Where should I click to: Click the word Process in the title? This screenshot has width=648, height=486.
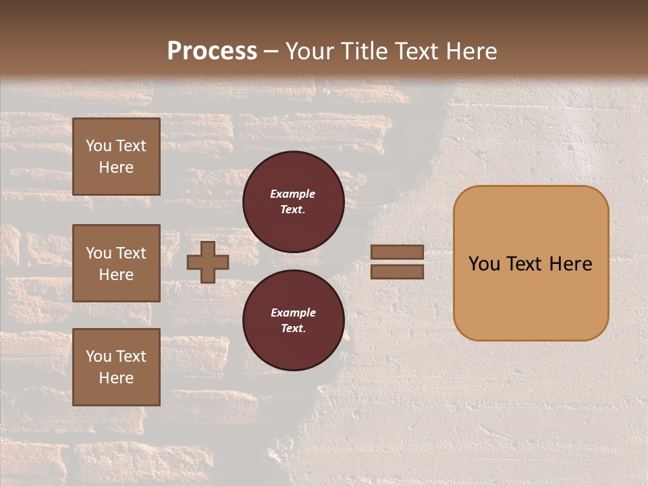tap(212, 51)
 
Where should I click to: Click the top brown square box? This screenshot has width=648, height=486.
tap(116, 157)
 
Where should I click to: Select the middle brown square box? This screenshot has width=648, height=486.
tap(116, 263)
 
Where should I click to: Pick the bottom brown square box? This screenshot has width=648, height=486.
tap(116, 367)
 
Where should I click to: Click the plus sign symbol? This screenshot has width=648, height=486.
tap(207, 262)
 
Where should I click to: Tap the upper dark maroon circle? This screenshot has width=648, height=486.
tap(293, 201)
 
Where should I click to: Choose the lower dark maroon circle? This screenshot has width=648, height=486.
tap(293, 320)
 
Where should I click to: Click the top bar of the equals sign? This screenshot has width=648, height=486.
tap(397, 252)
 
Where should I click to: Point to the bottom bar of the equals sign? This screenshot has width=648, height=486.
tap(397, 271)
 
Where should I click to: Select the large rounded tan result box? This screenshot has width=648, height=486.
tap(531, 263)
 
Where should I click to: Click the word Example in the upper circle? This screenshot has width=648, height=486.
tap(293, 194)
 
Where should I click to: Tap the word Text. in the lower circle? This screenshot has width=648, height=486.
tap(293, 328)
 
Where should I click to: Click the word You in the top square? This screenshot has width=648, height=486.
tap(99, 146)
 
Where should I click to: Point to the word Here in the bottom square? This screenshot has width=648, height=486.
tap(116, 378)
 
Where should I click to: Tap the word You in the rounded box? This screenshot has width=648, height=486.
tap(484, 264)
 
